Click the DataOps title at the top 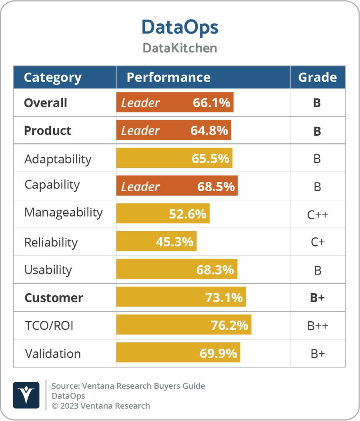click(180, 27)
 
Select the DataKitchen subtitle click(180, 48)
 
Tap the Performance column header click(168, 77)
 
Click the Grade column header click(317, 77)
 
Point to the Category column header click(52, 77)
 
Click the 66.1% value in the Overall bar click(211, 103)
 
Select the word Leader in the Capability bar click(140, 186)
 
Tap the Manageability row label click(63, 213)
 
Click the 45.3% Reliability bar click(156, 242)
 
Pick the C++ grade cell click(317, 215)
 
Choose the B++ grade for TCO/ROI click(317, 326)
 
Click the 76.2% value click(229, 325)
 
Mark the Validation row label click(53, 354)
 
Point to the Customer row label click(54, 298)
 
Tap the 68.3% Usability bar click(177, 269)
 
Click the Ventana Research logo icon click(26, 395)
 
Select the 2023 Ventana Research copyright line click(101, 406)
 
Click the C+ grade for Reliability click(317, 243)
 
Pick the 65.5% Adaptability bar click(174, 158)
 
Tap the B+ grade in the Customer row click(317, 298)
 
